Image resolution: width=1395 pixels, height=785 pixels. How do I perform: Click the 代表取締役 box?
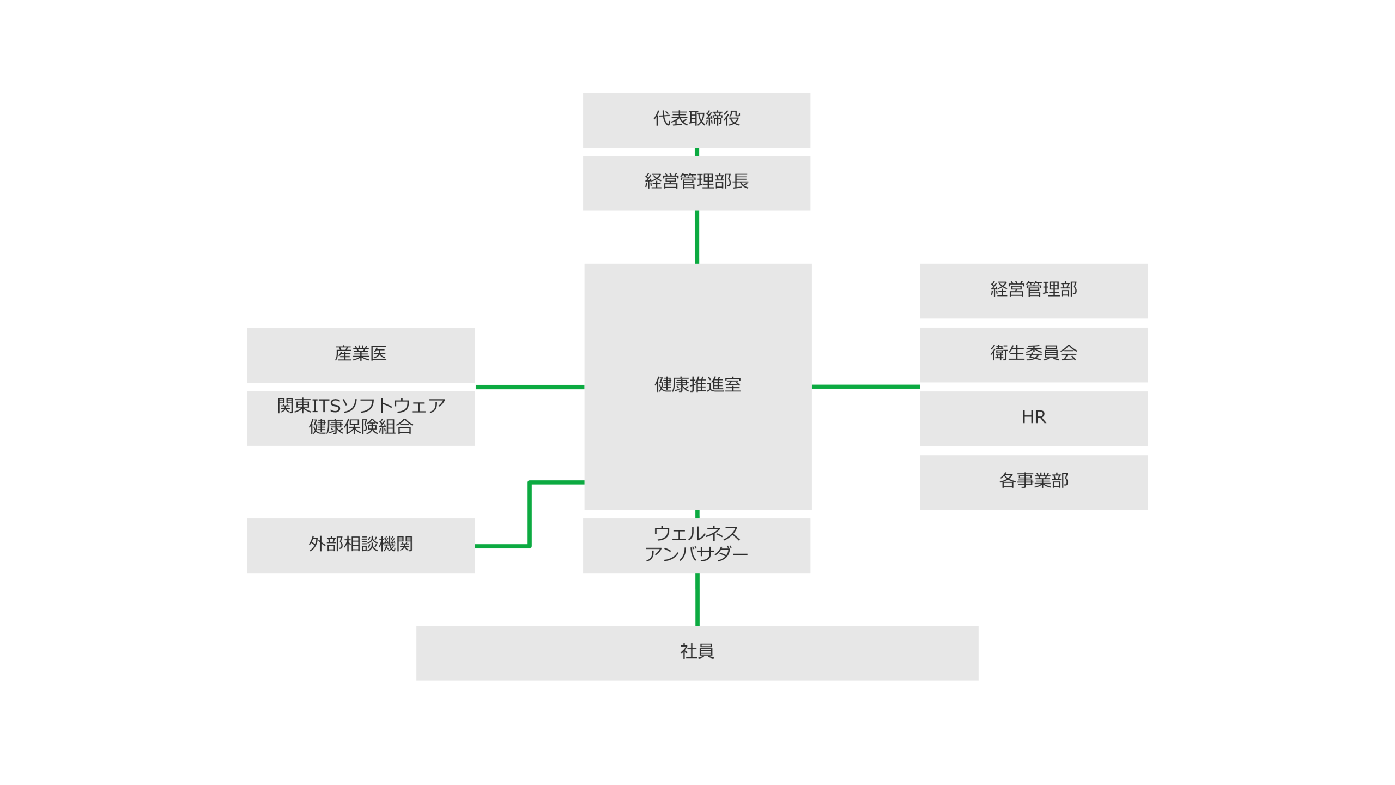click(x=696, y=120)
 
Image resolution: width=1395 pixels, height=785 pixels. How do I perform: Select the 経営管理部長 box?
click(x=696, y=183)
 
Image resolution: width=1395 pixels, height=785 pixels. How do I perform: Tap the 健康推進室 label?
click(x=697, y=384)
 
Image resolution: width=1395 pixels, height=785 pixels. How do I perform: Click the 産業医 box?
click(x=360, y=354)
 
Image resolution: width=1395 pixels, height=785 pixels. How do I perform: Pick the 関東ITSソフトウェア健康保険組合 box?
click(x=360, y=418)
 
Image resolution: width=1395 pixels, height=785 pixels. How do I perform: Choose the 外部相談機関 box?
click(x=360, y=545)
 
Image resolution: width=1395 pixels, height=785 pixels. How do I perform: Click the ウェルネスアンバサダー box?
click(x=696, y=545)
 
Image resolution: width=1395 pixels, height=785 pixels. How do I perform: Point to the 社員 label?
click(x=696, y=651)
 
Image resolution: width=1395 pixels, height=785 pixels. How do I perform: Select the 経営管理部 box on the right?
click(x=1033, y=291)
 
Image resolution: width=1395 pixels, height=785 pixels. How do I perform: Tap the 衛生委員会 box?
click(x=1033, y=354)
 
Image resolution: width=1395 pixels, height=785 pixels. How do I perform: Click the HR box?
click(x=1033, y=418)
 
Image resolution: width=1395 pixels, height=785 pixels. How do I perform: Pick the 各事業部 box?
click(x=1033, y=482)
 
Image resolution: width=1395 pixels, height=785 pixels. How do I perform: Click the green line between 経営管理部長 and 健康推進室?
click(x=697, y=237)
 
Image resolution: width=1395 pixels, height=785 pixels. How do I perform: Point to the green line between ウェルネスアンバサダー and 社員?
click(x=697, y=599)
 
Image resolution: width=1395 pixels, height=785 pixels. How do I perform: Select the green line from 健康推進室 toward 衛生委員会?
click(x=865, y=387)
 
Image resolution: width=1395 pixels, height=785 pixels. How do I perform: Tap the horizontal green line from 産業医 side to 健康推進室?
click(x=530, y=387)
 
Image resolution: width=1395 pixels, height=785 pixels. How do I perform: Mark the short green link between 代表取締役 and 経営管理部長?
click(x=697, y=152)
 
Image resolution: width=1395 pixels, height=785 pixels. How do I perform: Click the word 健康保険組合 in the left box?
click(x=361, y=427)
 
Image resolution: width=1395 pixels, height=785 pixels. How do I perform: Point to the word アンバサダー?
click(x=696, y=554)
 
